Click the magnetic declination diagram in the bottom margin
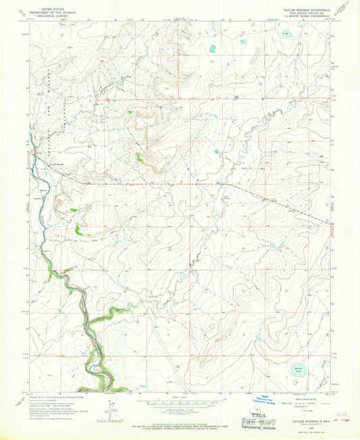(108, 408)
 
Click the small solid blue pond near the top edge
(212, 49)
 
